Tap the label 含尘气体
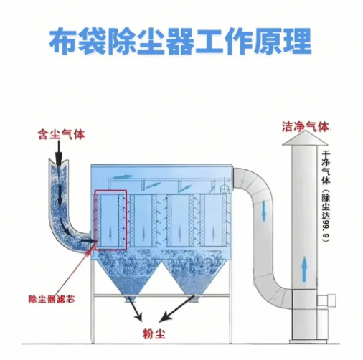pyautogui.click(x=62, y=133)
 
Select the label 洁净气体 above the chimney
pyautogui.click(x=305, y=126)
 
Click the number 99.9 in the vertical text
pyautogui.click(x=326, y=229)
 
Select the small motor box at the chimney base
pyautogui.click(x=334, y=295)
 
